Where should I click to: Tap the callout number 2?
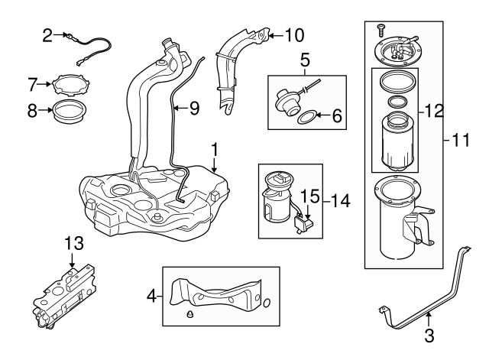(x=47, y=34)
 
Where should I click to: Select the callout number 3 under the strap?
(x=429, y=334)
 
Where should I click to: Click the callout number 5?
(x=304, y=58)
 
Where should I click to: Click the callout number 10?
(x=293, y=34)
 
